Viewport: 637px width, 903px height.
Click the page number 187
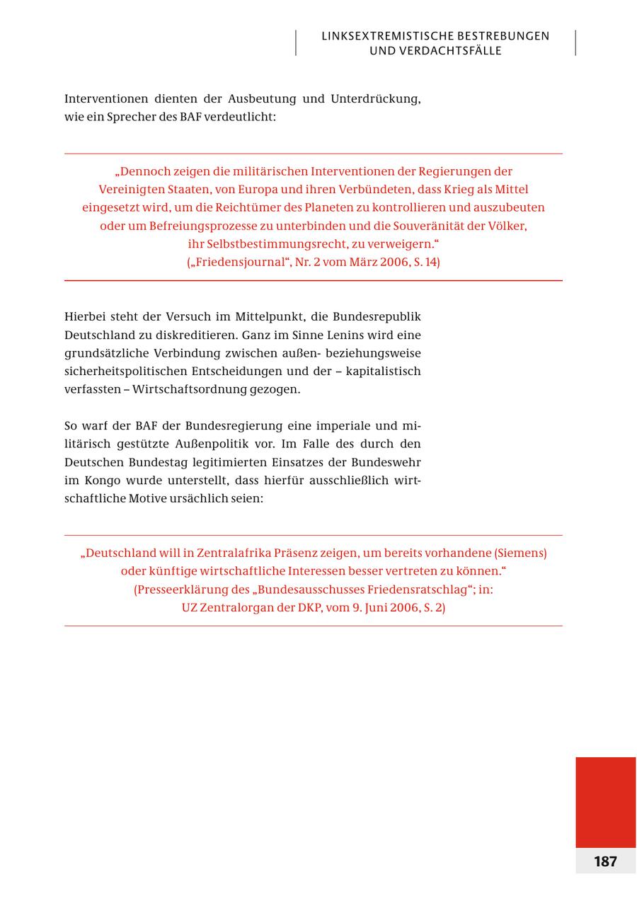point(605,861)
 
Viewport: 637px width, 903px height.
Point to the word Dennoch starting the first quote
point(142,171)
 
